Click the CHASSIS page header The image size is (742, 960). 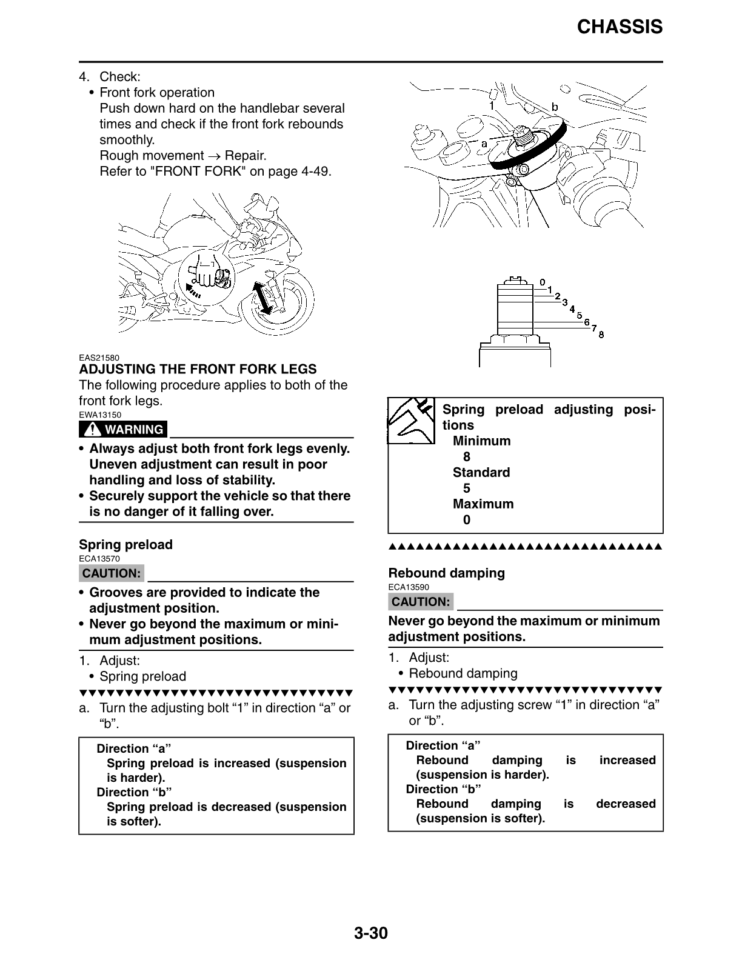point(620,27)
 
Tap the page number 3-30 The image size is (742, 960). point(370,933)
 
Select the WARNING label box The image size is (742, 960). point(123,430)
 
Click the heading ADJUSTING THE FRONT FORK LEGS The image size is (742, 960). point(198,369)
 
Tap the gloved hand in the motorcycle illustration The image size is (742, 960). point(207,270)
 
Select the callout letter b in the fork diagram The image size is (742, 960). point(554,107)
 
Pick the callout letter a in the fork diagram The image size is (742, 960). point(484,144)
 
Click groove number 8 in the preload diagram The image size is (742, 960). point(601,334)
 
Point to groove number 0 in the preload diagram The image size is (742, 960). point(543,282)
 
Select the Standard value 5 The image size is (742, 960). point(466,488)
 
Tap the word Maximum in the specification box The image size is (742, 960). point(483,504)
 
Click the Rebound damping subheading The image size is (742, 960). point(446,573)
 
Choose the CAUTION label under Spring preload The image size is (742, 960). point(112,573)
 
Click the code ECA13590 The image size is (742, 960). point(409,587)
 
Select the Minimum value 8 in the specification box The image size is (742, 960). point(466,457)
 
